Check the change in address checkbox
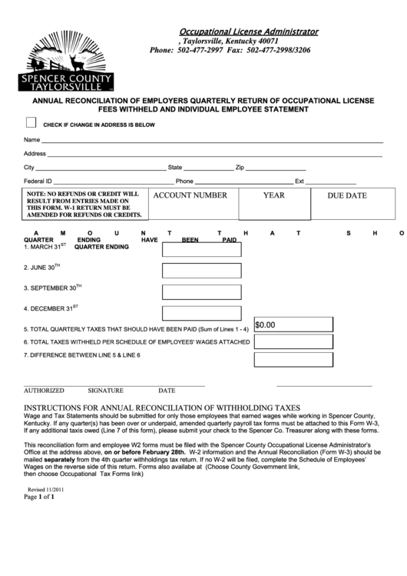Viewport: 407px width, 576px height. tap(31, 122)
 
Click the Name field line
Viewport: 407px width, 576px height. tap(211, 142)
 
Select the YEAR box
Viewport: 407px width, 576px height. tap(273, 203)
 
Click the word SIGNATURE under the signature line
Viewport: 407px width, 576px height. tap(106, 391)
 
